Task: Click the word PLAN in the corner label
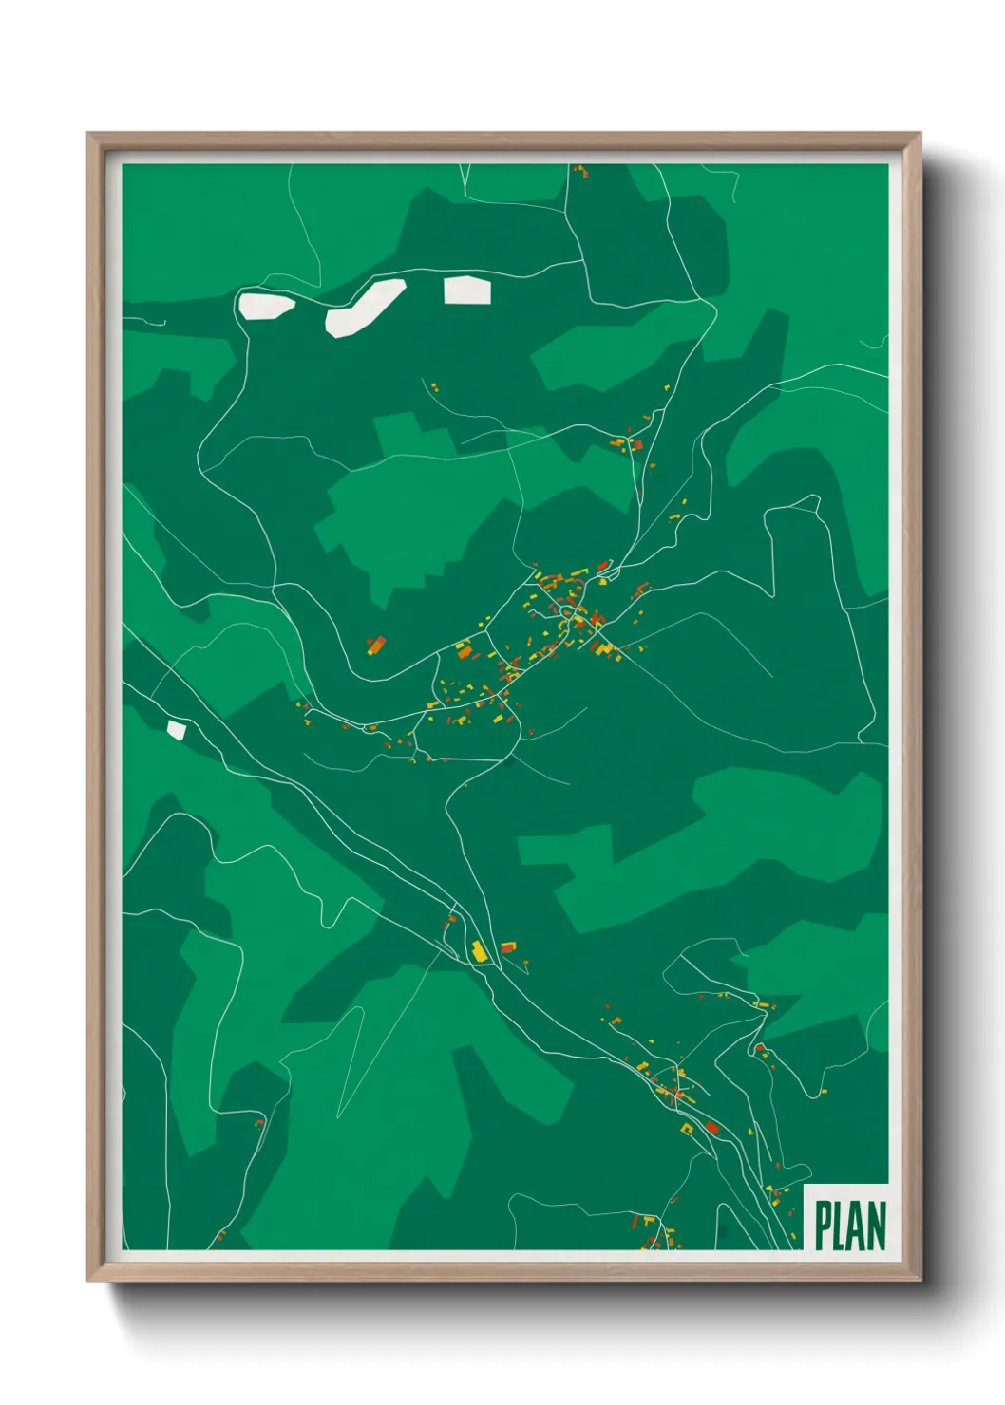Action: pos(850,1226)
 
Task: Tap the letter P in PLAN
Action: pos(823,1226)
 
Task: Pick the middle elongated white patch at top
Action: pos(365,306)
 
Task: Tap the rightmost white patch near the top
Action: pos(467,290)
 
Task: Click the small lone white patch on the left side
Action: pos(177,729)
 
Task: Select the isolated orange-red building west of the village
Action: pos(376,646)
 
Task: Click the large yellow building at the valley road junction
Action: pos(480,950)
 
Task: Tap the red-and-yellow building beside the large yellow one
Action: pos(508,947)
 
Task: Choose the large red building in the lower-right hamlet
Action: pos(712,1127)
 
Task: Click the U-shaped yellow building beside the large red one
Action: pos(687,1129)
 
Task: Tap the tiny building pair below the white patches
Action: pos(433,387)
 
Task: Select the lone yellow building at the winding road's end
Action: pos(824,1092)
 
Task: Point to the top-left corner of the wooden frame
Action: pos(88,134)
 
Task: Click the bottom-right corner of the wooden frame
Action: pos(920,1280)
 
